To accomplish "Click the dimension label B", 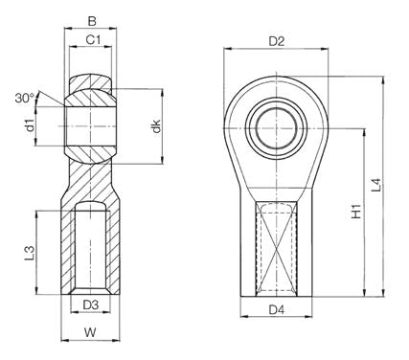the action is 92,21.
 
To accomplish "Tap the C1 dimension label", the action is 93,40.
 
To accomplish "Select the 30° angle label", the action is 25,98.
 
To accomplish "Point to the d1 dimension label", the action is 30,125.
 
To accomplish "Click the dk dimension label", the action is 156,126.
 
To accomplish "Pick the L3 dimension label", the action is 30,253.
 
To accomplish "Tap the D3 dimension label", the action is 90,305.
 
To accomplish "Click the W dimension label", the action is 90,332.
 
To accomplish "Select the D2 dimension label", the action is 277,41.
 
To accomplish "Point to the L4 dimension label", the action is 376,185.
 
